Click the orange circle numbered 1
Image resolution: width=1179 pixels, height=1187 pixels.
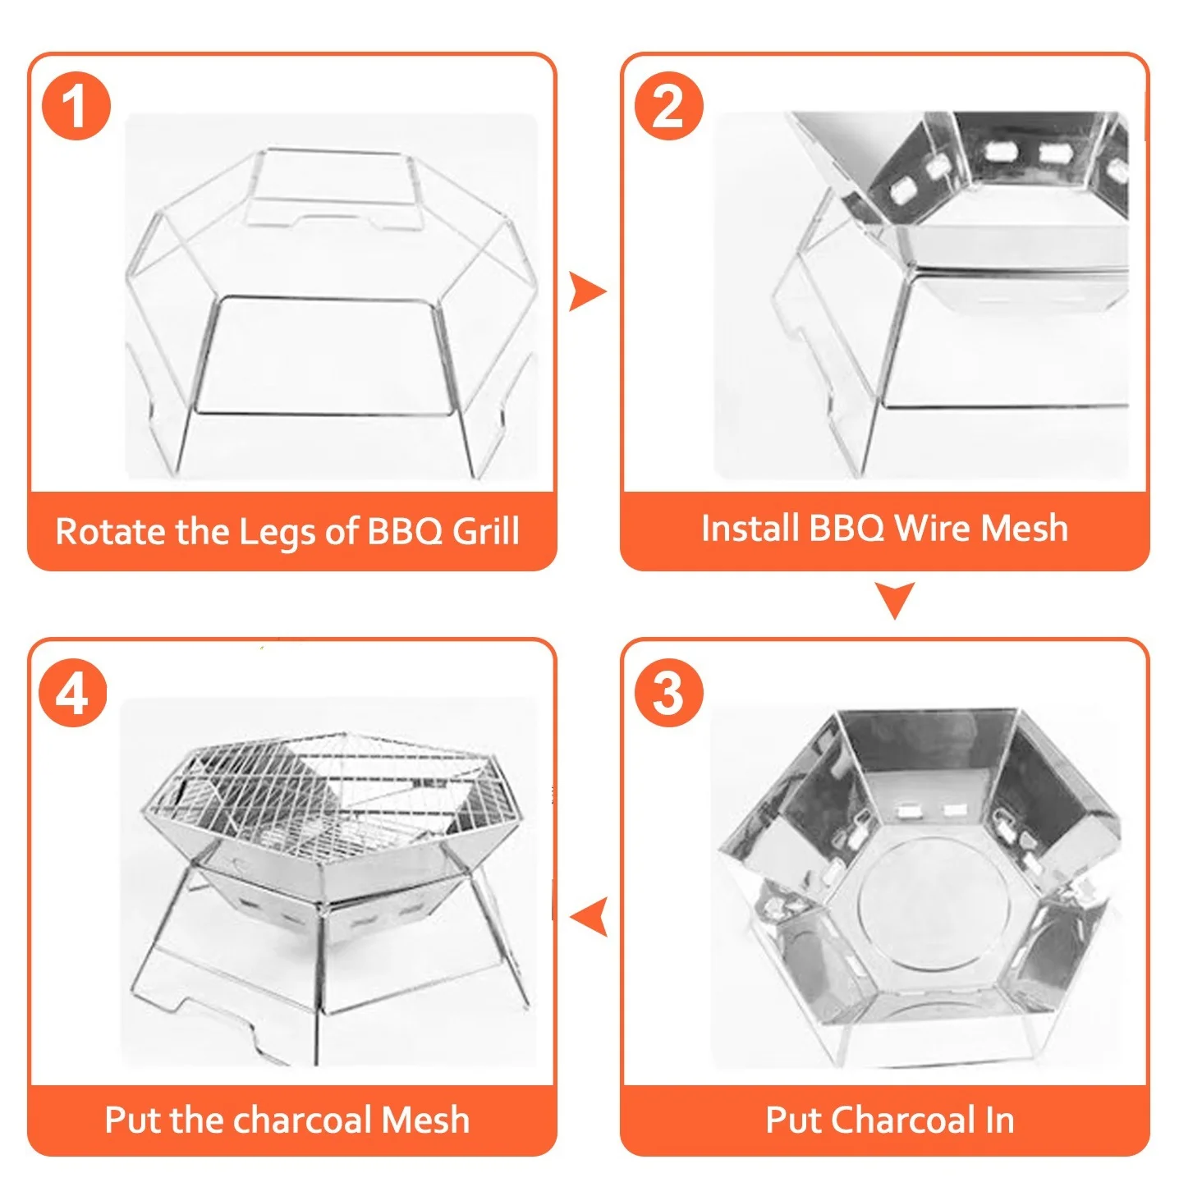point(76,105)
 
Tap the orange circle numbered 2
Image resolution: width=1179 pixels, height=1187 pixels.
point(668,105)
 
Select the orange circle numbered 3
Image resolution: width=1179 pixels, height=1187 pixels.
point(668,692)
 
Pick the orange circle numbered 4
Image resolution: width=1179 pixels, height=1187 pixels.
point(73,692)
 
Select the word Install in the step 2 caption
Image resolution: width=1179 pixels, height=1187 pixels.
point(750,528)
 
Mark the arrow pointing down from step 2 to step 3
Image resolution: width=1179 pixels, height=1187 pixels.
point(895,600)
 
